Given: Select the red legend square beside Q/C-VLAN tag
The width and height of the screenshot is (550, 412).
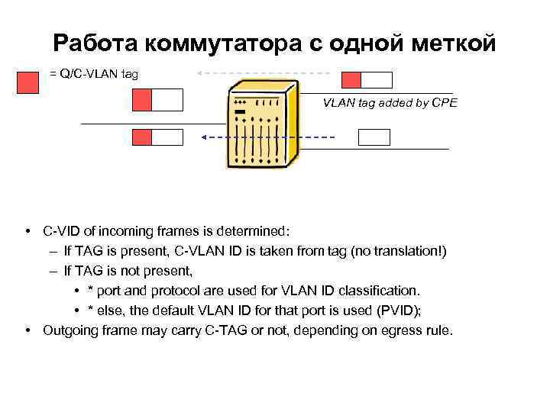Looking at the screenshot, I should click(27, 81).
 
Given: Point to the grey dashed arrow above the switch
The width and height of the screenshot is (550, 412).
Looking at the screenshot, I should click(264, 73).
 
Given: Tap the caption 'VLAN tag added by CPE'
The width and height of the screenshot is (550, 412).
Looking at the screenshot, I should click(390, 101).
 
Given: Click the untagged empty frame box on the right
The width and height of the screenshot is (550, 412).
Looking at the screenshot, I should click(374, 137).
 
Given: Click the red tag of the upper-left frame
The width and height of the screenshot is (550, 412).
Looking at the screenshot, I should click(143, 100).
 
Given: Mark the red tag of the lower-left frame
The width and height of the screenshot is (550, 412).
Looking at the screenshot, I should click(143, 137).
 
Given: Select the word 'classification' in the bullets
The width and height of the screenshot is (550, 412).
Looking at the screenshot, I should click(382, 291).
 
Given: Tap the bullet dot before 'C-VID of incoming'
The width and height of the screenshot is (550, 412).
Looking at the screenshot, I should click(27, 230).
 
